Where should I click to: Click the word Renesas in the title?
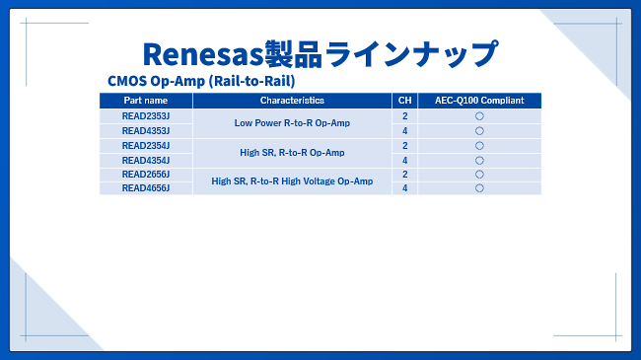pos(203,54)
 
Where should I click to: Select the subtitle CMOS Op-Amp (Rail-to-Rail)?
pos(201,81)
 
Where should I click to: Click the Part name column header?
pos(146,101)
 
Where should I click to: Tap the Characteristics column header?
pos(292,101)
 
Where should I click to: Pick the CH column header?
pos(404,101)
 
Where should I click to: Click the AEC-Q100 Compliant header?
pos(479,101)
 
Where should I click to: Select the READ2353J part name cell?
pos(146,116)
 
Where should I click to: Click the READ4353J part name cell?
pos(146,131)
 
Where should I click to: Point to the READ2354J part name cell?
pos(146,146)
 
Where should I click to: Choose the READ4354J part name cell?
pos(146,161)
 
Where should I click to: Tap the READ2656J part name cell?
pos(146,175)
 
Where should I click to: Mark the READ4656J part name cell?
pos(146,188)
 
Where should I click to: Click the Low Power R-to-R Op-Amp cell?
pos(292,123)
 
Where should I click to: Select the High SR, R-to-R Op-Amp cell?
pos(292,153)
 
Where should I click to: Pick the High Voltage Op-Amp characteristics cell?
pos(292,181)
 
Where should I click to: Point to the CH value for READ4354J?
pos(404,161)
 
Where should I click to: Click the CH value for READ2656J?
pos(404,175)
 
